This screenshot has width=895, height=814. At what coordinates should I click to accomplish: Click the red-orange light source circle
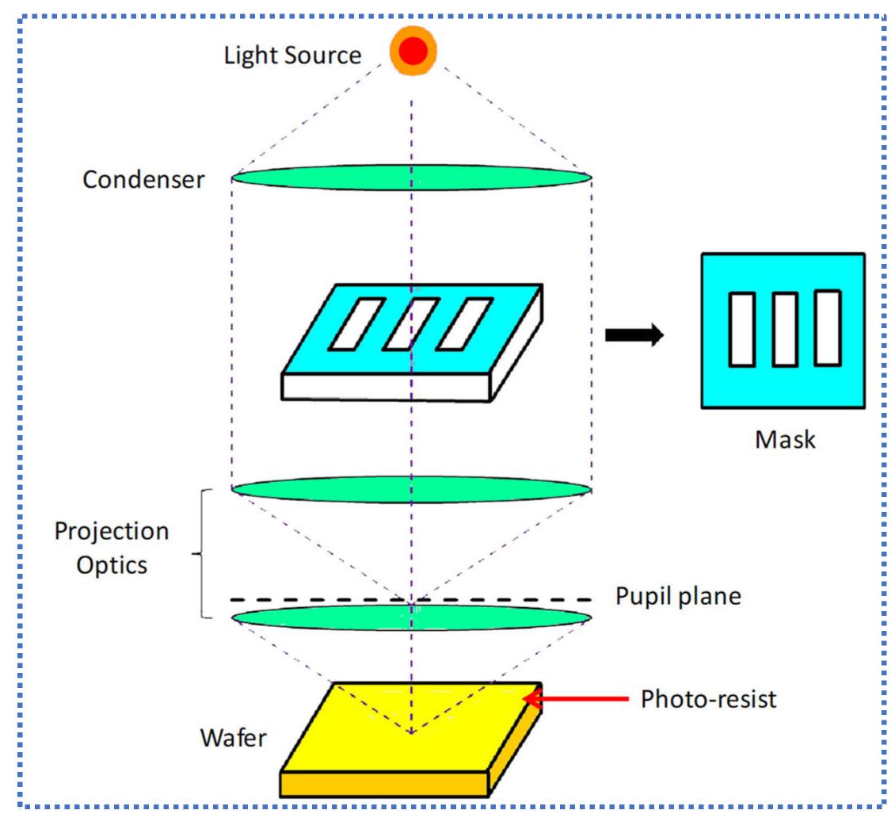click(x=413, y=52)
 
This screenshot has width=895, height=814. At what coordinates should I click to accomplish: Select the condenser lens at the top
click(x=411, y=178)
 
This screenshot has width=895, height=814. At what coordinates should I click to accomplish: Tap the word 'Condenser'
click(x=143, y=179)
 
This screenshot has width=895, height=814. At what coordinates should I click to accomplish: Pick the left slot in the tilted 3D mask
click(x=356, y=323)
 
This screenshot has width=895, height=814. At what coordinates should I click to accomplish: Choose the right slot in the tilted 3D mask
click(x=465, y=323)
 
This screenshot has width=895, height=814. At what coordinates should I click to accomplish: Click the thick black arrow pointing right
click(x=634, y=335)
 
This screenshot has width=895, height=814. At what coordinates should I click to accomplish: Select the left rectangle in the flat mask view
click(x=741, y=330)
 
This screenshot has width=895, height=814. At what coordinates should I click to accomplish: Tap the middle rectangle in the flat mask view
click(x=784, y=330)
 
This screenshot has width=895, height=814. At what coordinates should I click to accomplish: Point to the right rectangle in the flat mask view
click(x=827, y=329)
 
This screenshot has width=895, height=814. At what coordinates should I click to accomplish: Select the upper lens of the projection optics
click(x=411, y=489)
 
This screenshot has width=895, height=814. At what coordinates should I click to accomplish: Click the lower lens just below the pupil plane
click(x=411, y=617)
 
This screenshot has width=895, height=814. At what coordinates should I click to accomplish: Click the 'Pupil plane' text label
click(x=678, y=596)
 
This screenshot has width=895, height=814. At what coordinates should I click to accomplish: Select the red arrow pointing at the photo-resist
click(x=574, y=699)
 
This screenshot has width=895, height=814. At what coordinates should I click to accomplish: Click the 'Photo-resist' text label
click(x=708, y=699)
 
